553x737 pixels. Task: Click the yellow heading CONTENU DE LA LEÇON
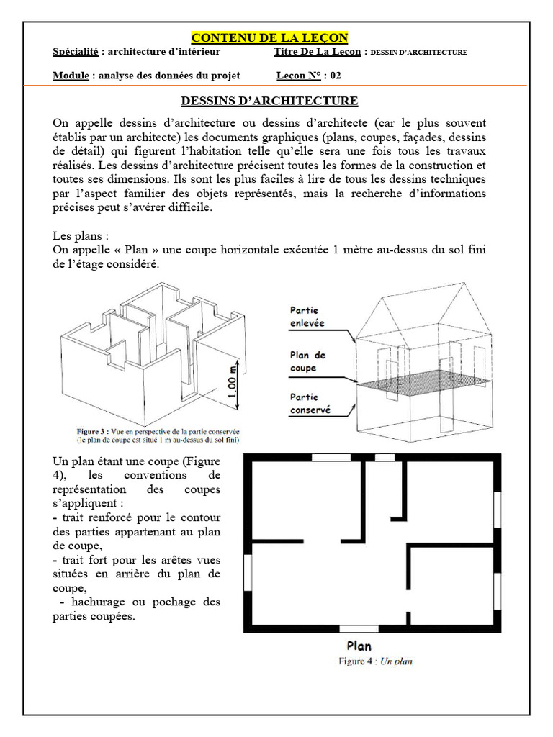point(269,37)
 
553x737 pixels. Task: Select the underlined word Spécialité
point(76,53)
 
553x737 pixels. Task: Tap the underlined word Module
point(71,76)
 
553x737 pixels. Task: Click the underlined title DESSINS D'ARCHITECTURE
point(269,101)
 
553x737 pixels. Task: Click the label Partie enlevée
point(307,317)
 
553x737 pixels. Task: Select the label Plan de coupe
point(307,361)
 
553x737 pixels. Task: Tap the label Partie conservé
point(310,403)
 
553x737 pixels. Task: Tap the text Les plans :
point(81,235)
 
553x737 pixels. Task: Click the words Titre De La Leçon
point(318,53)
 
